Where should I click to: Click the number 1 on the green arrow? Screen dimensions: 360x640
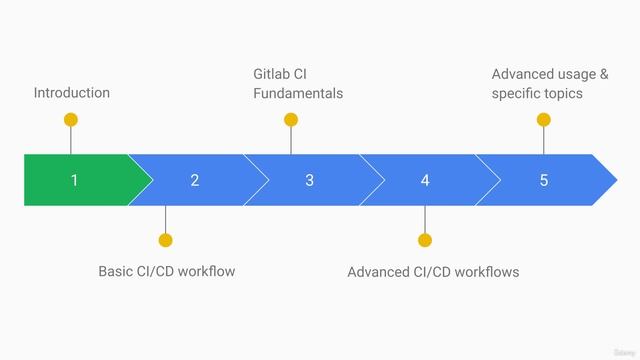point(74,180)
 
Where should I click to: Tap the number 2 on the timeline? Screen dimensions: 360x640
point(194,180)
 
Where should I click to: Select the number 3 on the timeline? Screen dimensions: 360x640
point(309,180)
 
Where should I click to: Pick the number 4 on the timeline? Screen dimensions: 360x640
point(425,180)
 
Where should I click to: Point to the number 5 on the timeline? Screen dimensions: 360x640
point(544,180)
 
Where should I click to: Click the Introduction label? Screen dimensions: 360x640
point(72,93)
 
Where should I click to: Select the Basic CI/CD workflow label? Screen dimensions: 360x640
point(166,271)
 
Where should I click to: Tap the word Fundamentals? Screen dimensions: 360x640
point(298,93)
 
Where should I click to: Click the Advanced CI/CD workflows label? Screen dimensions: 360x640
point(433,272)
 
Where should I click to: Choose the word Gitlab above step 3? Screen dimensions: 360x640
point(272,74)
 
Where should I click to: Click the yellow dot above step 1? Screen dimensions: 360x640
point(70,120)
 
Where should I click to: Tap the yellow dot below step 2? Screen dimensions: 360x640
point(166,240)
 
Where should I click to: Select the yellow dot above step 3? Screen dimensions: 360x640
point(291,120)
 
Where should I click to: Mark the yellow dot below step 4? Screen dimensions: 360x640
point(425,240)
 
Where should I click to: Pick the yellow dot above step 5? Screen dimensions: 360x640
point(544,120)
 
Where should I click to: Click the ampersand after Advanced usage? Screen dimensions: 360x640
point(604,74)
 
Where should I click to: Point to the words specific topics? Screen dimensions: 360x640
point(537,93)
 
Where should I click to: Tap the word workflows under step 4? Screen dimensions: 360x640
point(488,272)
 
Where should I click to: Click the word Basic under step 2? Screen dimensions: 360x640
point(116,271)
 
